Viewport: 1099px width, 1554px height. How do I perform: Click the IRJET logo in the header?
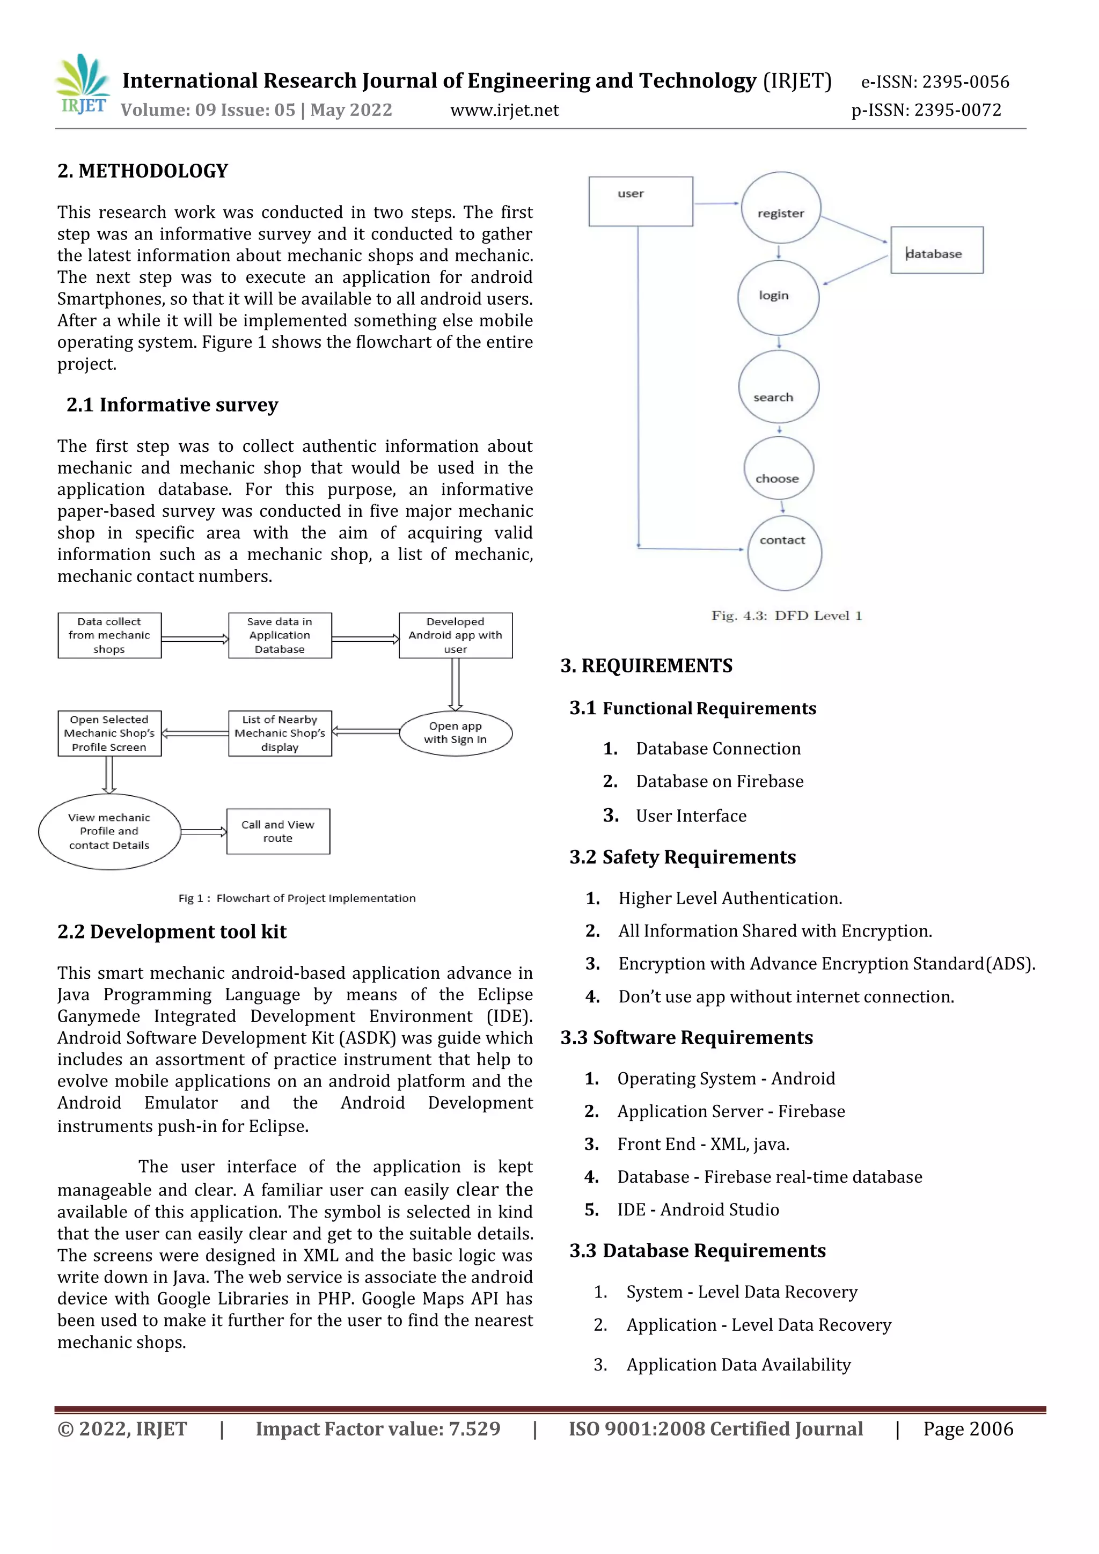83,85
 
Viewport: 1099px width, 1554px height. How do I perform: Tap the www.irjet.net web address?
504,111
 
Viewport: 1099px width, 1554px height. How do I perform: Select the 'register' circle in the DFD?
781,208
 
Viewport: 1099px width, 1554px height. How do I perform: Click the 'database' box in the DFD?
936,251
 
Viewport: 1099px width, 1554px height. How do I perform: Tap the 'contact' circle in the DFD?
785,552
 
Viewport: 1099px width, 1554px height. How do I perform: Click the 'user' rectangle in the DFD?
640,202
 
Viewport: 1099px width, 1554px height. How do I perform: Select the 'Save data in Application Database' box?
280,635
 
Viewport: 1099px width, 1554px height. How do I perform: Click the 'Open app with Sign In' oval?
456,733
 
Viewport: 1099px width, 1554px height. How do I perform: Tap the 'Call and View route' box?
278,831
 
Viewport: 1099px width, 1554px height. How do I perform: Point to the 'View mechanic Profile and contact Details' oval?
109,831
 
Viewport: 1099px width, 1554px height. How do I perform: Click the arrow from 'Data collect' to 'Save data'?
195,638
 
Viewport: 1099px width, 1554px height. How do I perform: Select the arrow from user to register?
716,203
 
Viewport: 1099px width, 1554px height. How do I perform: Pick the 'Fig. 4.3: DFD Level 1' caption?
786,615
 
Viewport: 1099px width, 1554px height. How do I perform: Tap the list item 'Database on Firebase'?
720,782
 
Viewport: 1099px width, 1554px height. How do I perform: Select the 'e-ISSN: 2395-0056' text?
935,82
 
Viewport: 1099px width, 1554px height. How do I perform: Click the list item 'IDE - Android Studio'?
698,1210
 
